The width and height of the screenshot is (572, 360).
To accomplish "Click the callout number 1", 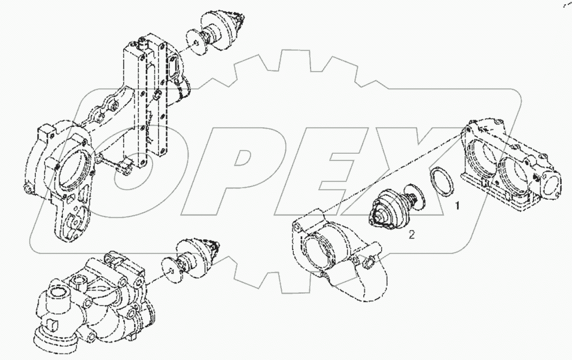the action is click(x=457, y=206).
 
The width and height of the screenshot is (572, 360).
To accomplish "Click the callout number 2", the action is click(x=412, y=234).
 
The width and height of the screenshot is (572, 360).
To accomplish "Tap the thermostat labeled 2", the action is click(x=396, y=206).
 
